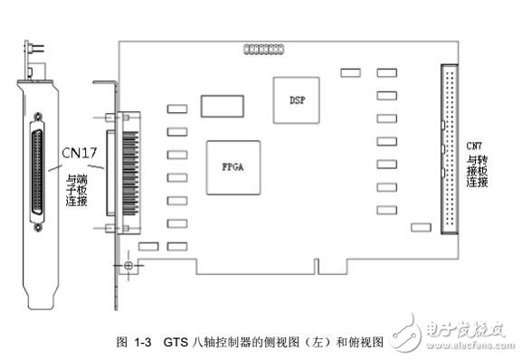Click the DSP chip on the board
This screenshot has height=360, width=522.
point(296,94)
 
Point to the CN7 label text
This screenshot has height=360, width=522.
point(474,146)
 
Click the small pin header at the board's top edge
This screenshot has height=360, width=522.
point(259,46)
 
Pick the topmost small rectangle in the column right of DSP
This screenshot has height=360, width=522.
point(387,71)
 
